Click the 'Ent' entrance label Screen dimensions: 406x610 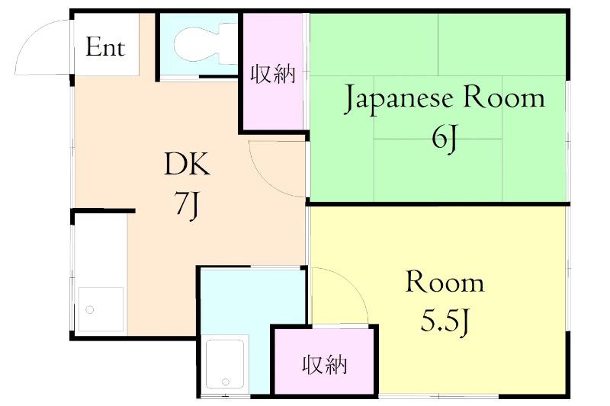coord(105,47)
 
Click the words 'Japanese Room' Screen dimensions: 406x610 coord(445,99)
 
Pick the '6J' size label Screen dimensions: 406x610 coord(445,139)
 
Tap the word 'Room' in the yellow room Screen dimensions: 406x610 coord(445,283)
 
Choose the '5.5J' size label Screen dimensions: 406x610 coord(445,323)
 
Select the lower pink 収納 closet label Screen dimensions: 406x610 coord(324,365)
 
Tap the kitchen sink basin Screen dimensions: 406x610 coord(101,309)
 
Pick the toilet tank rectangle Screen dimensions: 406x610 coord(228,43)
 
